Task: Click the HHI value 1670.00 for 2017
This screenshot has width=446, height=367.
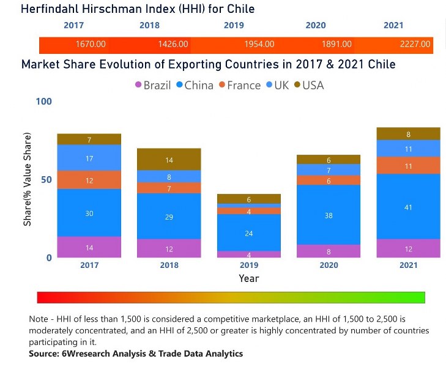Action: tap(91, 45)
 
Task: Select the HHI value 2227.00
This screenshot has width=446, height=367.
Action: tap(415, 45)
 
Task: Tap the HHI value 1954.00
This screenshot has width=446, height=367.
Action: tap(259, 45)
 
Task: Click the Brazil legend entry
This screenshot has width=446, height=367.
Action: tap(152, 85)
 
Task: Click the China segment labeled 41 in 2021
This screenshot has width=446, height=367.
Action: tap(409, 207)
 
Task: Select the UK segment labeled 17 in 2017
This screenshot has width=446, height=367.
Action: tap(89, 158)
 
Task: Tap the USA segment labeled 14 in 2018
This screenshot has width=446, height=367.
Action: tap(169, 160)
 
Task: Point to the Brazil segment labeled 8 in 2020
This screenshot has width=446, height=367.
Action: tap(329, 251)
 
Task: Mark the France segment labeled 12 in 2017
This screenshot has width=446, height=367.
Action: tap(89, 180)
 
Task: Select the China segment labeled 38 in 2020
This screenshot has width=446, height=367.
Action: tap(329, 215)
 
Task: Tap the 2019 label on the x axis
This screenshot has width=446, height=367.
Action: tap(249, 265)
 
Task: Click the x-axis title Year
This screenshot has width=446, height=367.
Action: tap(249, 279)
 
